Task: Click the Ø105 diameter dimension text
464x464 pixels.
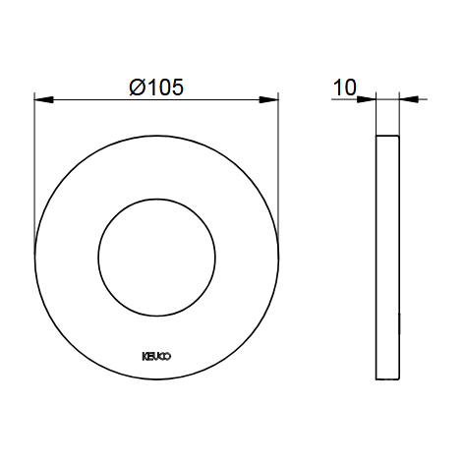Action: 156,87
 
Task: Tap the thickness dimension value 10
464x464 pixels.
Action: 344,87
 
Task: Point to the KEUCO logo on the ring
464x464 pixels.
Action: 156,357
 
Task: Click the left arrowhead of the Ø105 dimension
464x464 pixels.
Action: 44,100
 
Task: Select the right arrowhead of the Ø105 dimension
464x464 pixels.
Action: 268,100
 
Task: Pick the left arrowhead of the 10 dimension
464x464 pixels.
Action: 367,99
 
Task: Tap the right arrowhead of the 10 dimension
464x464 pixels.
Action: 409,99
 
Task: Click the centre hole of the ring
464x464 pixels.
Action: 156,258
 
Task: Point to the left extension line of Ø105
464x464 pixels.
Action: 34,174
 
